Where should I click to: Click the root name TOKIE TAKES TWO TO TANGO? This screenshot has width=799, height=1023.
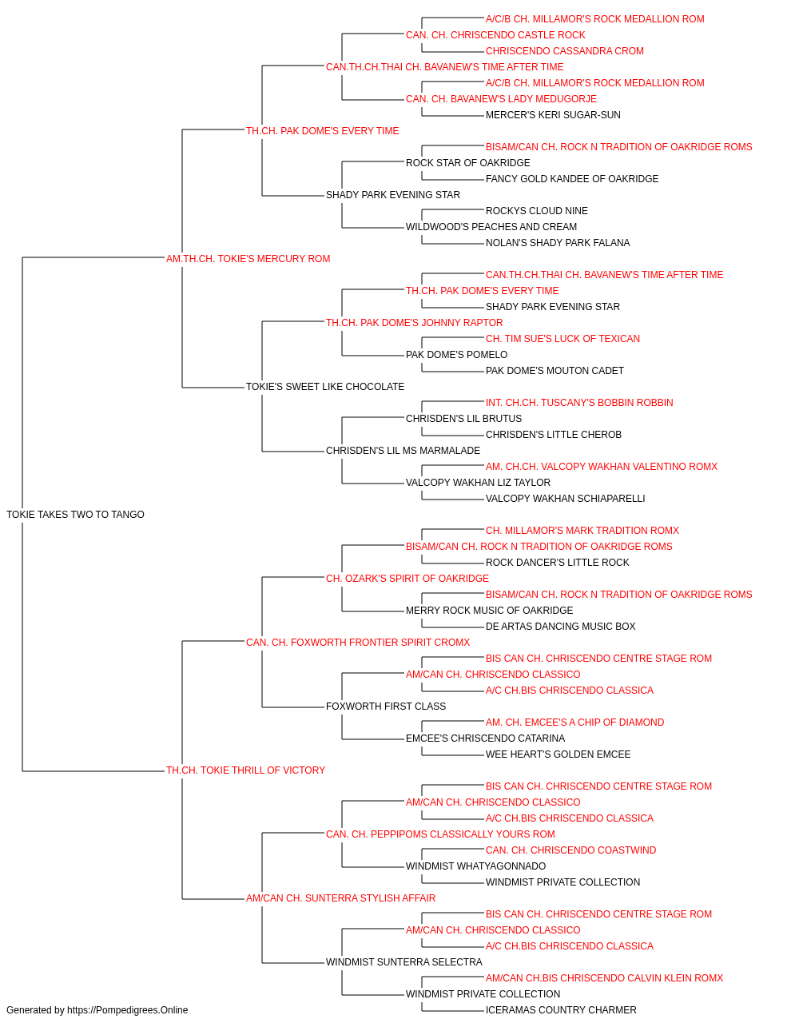tap(75, 514)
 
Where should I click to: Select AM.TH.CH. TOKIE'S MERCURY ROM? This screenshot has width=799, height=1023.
tap(248, 258)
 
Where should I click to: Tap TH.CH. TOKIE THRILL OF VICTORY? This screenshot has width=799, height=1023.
tap(245, 770)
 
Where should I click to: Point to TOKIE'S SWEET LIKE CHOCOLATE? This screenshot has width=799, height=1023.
tap(325, 387)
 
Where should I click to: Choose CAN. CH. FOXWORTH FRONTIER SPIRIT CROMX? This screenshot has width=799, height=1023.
tap(358, 642)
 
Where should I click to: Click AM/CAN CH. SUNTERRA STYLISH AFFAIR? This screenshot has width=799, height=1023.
tap(340, 898)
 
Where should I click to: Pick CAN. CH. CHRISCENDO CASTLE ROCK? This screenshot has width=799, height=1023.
tap(495, 35)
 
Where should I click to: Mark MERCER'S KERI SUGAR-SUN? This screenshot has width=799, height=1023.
tap(553, 115)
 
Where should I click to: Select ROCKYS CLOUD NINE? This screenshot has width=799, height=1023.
tap(536, 210)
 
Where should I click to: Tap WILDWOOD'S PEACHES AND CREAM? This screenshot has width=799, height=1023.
tap(491, 226)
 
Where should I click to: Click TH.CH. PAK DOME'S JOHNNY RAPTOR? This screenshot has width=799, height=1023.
tap(415, 322)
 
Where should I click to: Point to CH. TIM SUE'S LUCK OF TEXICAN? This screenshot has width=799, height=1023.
tap(562, 339)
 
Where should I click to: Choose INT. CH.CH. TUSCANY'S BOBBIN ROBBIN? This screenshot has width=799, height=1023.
tap(579, 403)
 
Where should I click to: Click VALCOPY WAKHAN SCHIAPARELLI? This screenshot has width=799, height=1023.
tap(565, 498)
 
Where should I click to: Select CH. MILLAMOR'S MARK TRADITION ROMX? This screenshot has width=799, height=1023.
tap(582, 530)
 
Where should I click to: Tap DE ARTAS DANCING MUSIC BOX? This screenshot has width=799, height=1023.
tap(560, 626)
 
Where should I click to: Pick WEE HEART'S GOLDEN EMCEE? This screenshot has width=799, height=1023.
tap(558, 754)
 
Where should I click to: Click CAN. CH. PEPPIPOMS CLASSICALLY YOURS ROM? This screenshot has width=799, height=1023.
tap(440, 834)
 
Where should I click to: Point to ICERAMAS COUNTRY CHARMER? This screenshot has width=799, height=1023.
tap(561, 1010)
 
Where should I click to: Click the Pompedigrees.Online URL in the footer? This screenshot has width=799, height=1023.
tap(128, 1010)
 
